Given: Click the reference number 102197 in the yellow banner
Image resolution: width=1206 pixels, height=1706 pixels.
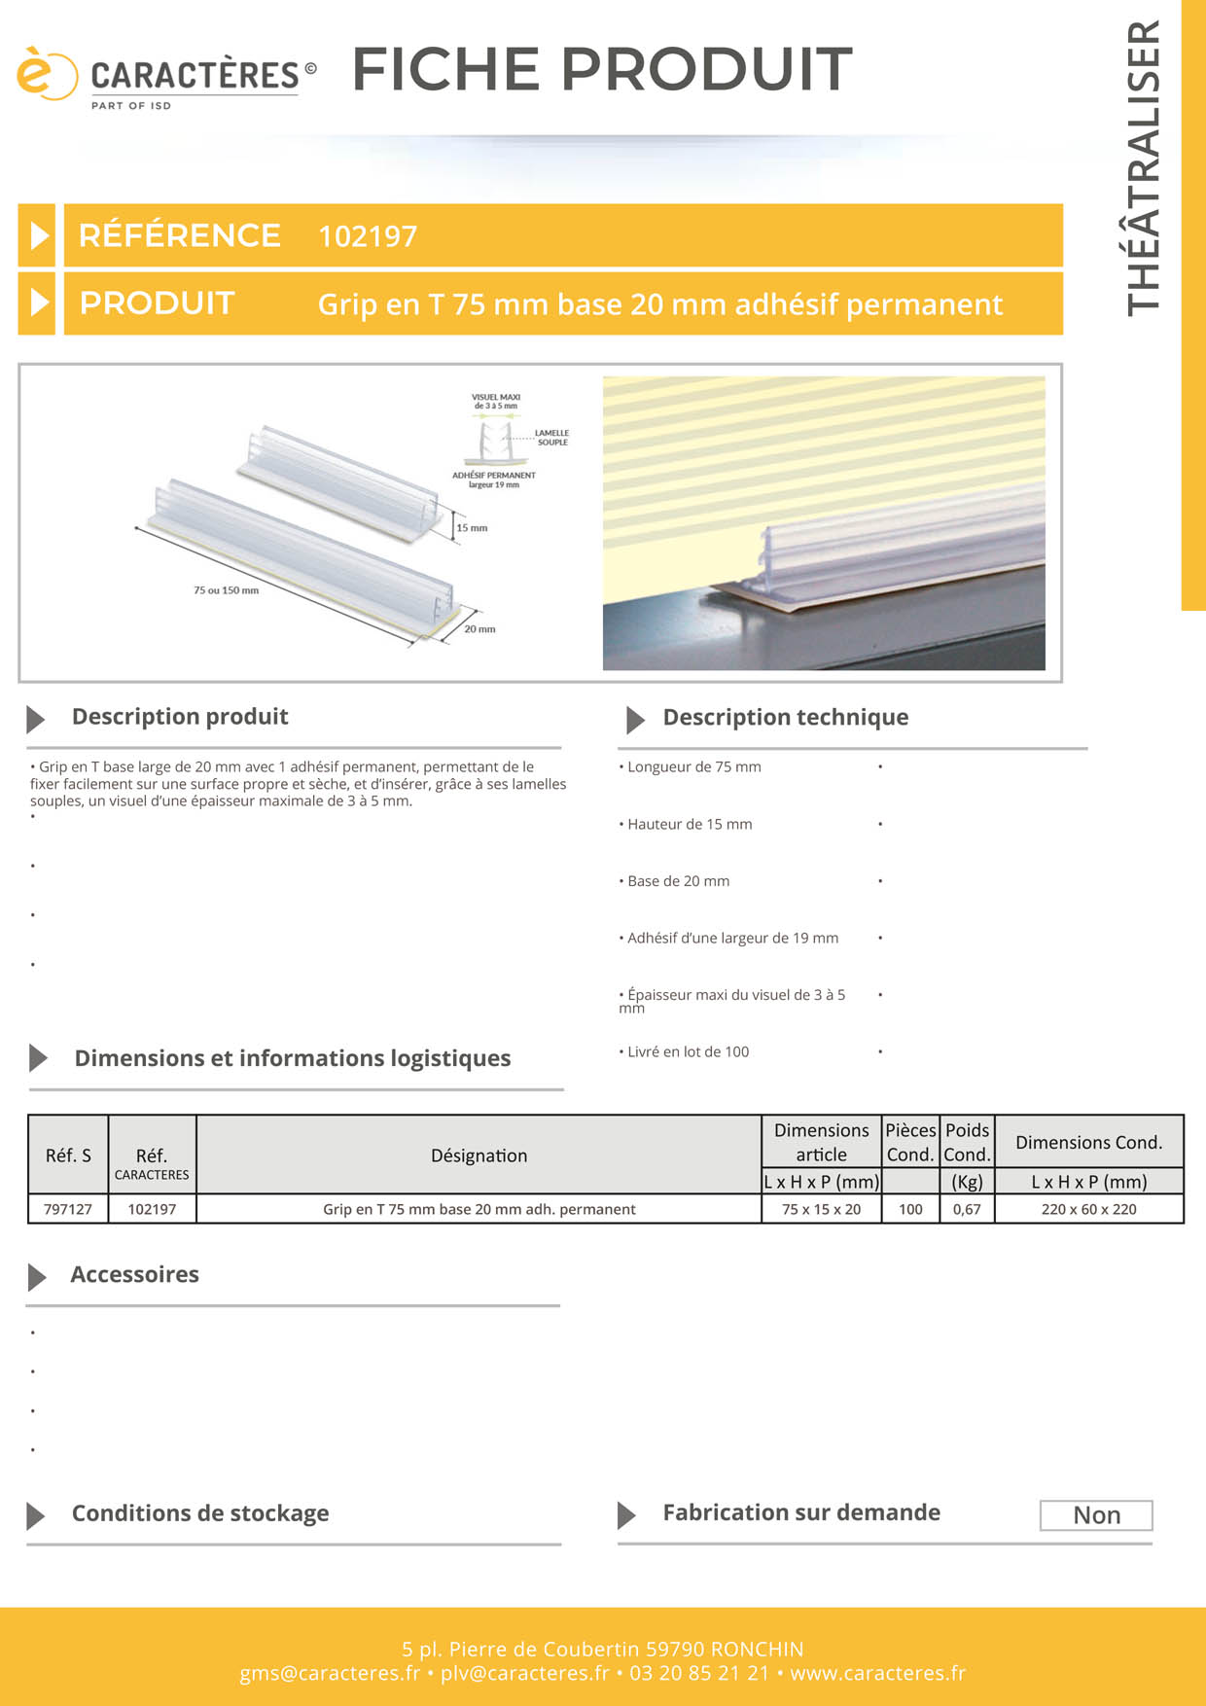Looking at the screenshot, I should point(368,236).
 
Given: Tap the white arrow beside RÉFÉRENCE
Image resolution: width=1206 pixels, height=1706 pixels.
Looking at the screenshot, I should point(38,235).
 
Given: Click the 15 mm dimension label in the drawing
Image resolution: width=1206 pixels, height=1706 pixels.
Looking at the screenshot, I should point(472,528).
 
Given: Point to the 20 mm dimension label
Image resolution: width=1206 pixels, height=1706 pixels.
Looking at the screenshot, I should point(479,629).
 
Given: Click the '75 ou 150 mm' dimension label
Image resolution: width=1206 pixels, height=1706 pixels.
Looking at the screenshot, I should point(226,590).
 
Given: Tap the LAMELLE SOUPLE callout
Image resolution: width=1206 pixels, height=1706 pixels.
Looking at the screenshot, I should point(552,438).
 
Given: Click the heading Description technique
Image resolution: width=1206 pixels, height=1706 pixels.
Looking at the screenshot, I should point(785,718).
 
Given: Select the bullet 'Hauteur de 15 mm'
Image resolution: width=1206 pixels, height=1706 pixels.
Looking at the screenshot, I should point(690,825).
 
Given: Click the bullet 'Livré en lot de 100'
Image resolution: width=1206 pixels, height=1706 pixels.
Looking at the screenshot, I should point(688,1052).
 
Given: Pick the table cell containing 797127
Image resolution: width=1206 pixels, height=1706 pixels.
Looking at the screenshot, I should point(68,1209).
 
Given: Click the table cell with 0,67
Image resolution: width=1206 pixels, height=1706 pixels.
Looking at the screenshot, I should point(967,1209).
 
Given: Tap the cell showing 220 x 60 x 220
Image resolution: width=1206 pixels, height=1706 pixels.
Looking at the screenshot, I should point(1088,1209).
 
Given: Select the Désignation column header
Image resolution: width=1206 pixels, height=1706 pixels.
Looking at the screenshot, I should point(479,1155).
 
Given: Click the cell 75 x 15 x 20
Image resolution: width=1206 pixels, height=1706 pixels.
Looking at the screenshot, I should point(821,1209).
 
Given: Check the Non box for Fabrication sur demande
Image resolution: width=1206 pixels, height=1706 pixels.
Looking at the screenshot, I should point(1096,1515).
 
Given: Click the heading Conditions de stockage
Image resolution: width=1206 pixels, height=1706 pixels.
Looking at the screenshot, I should point(200,1513).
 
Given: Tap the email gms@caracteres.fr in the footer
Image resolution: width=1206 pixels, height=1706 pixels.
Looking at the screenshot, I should point(330,1673).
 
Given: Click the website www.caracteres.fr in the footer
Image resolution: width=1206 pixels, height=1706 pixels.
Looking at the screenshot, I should point(877,1673).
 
